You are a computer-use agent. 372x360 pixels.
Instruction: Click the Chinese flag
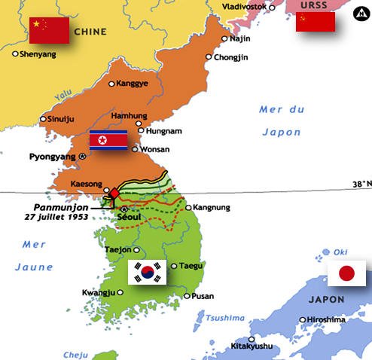click(x=49, y=30)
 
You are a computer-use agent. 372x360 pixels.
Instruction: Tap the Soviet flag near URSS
click(x=315, y=22)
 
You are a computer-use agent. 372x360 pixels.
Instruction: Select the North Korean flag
click(x=108, y=140)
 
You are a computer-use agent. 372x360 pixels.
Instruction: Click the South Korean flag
click(x=147, y=272)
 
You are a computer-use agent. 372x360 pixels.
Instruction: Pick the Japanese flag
click(x=346, y=273)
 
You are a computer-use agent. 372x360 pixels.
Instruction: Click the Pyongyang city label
click(x=52, y=157)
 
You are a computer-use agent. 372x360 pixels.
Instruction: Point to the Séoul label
click(x=130, y=218)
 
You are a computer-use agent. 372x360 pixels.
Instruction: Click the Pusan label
click(x=203, y=296)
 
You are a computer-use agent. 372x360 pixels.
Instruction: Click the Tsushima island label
click(x=226, y=318)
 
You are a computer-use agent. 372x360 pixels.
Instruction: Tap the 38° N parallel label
click(x=361, y=184)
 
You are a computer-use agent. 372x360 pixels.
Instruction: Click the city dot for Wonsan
click(x=135, y=149)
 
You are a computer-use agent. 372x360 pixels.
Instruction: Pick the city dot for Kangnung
click(x=188, y=208)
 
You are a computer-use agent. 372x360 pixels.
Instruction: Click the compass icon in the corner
click(x=359, y=14)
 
